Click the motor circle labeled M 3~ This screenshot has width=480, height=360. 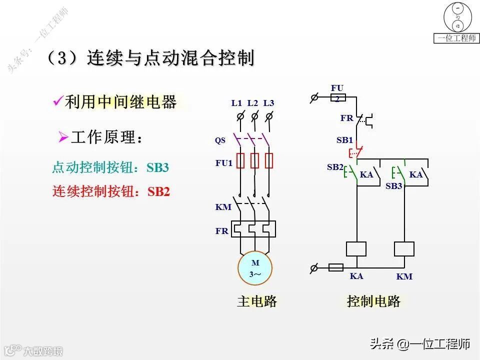255,268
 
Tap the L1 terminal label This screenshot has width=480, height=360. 236,103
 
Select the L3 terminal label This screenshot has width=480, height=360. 268,103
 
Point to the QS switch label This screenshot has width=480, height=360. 220,140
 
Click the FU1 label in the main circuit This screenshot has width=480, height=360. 224,163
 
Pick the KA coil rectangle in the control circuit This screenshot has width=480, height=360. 356,249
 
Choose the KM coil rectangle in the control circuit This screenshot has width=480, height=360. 404,249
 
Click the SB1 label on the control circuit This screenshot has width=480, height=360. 344,140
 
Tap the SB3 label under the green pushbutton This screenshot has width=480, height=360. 394,186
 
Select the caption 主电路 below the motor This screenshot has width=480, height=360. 257,301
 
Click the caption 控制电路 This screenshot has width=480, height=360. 373,301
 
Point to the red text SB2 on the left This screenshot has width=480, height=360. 159,191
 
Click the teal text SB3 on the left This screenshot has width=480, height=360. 157,168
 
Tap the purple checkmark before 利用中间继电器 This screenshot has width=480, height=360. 57,102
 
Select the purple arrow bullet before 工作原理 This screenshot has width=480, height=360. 63,137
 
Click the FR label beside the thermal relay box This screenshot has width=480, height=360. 221,231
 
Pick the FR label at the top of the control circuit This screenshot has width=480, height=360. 346,118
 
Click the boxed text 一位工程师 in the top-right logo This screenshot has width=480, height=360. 456,38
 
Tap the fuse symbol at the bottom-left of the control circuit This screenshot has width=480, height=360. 335,267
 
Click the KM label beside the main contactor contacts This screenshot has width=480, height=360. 223,207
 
